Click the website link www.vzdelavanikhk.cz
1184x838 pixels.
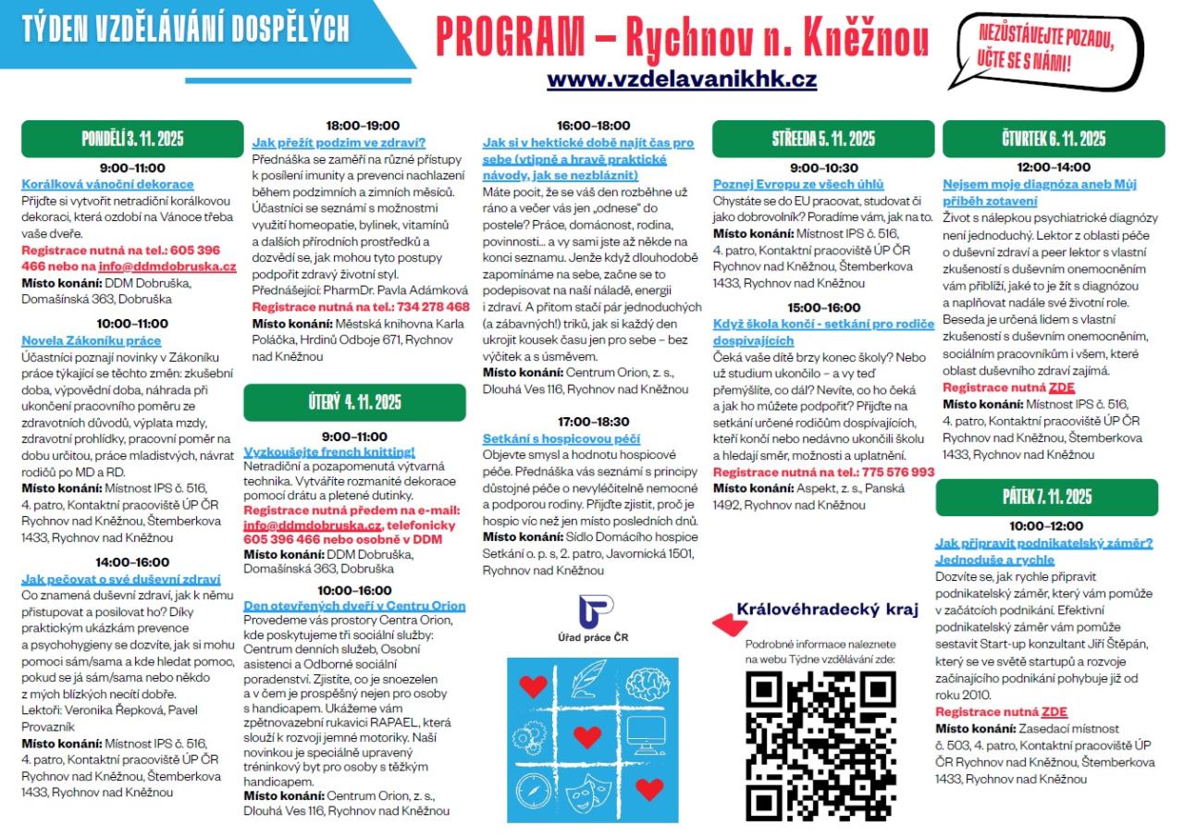[x=682, y=80]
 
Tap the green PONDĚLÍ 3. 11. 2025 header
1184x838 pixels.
[x=132, y=140]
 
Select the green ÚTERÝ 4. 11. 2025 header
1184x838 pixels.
[x=354, y=402]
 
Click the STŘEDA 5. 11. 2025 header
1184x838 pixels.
[x=823, y=140]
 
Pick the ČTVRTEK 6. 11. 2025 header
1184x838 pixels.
[x=1054, y=140]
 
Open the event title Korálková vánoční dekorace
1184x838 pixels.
[x=107, y=184]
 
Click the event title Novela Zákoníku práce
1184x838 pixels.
[x=92, y=339]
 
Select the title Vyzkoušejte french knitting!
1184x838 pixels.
[x=329, y=451]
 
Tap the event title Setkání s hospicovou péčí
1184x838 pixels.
[x=561, y=438]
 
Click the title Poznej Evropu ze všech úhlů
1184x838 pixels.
[x=798, y=184]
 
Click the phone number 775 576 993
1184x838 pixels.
[x=897, y=472]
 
